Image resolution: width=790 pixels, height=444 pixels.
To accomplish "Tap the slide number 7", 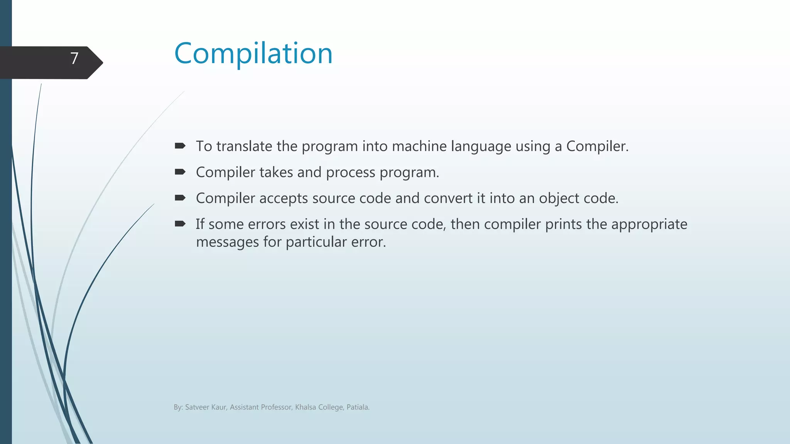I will click(74, 59).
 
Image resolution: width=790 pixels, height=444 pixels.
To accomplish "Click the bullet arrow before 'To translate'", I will click(180, 146).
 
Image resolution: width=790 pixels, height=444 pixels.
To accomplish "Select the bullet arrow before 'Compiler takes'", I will click(180, 172).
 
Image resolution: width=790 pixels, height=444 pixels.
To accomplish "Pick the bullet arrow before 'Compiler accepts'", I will click(180, 198).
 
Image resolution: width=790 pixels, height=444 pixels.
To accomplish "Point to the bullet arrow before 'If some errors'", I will click(180, 224).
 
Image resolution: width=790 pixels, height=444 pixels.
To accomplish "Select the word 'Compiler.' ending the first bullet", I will click(597, 146).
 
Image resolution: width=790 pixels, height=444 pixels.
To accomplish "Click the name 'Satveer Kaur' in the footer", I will click(205, 407).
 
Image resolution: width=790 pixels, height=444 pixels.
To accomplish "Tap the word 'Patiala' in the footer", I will click(357, 407).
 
